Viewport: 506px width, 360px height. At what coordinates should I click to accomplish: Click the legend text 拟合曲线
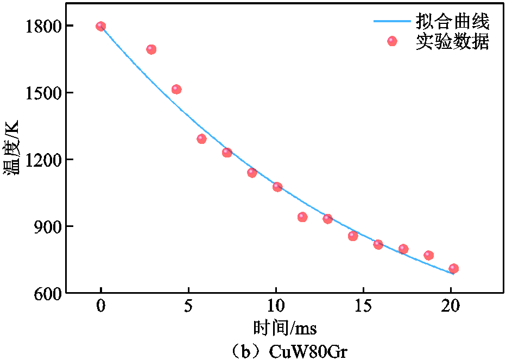click(452, 22)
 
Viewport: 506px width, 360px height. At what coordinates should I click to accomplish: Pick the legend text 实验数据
click(452, 41)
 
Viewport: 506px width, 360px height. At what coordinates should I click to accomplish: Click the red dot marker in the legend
click(392, 41)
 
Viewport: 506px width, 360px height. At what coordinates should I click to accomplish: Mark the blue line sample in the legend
click(392, 22)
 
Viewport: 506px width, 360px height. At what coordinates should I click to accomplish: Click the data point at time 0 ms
click(101, 26)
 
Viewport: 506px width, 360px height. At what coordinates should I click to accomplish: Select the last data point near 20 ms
click(454, 268)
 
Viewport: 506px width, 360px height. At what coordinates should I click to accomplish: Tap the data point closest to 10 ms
click(277, 187)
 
